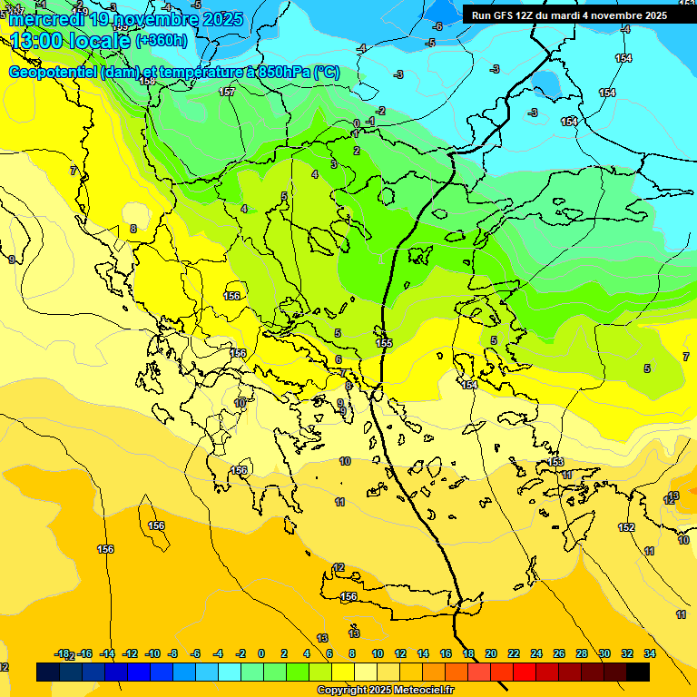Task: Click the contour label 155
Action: (x=384, y=342)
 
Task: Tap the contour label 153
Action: (x=556, y=462)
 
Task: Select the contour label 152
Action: (x=626, y=527)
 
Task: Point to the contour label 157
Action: (x=227, y=92)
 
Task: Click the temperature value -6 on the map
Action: (x=437, y=26)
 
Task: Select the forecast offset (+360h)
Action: (x=161, y=41)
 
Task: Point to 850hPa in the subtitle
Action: (x=283, y=73)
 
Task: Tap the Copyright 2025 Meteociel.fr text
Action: (x=385, y=691)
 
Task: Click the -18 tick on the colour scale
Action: (x=62, y=653)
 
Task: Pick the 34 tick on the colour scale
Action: (x=650, y=653)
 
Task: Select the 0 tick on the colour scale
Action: (x=261, y=653)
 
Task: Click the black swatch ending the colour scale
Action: (x=638, y=672)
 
